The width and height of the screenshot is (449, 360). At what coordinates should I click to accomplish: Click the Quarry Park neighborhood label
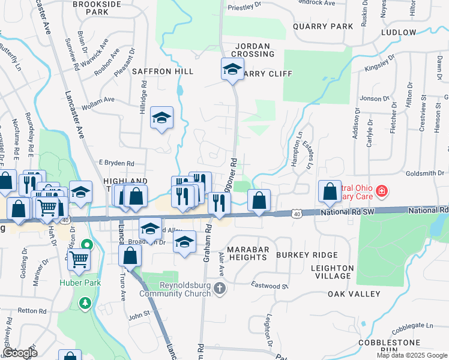click(323, 26)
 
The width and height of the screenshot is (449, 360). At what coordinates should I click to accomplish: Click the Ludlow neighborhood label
click(398, 32)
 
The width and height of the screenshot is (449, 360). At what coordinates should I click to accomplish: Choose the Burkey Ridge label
click(307, 255)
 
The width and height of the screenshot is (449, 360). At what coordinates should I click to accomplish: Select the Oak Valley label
click(354, 294)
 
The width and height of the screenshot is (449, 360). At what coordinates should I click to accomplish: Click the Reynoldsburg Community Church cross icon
click(220, 289)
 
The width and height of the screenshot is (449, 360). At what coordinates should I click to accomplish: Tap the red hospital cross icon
click(381, 192)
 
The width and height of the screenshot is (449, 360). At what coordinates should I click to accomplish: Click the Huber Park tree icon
click(86, 302)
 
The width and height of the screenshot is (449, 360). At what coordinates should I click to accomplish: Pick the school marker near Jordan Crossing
click(232, 70)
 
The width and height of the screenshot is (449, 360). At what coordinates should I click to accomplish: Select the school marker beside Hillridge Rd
click(161, 118)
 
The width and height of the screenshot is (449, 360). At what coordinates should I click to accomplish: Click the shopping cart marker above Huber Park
click(79, 260)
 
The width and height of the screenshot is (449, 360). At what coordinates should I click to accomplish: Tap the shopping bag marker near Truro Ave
click(130, 255)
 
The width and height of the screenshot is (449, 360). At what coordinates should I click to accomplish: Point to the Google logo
click(20, 353)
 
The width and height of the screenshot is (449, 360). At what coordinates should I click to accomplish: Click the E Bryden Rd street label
click(116, 163)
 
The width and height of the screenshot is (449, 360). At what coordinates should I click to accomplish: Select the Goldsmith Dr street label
click(429, 173)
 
